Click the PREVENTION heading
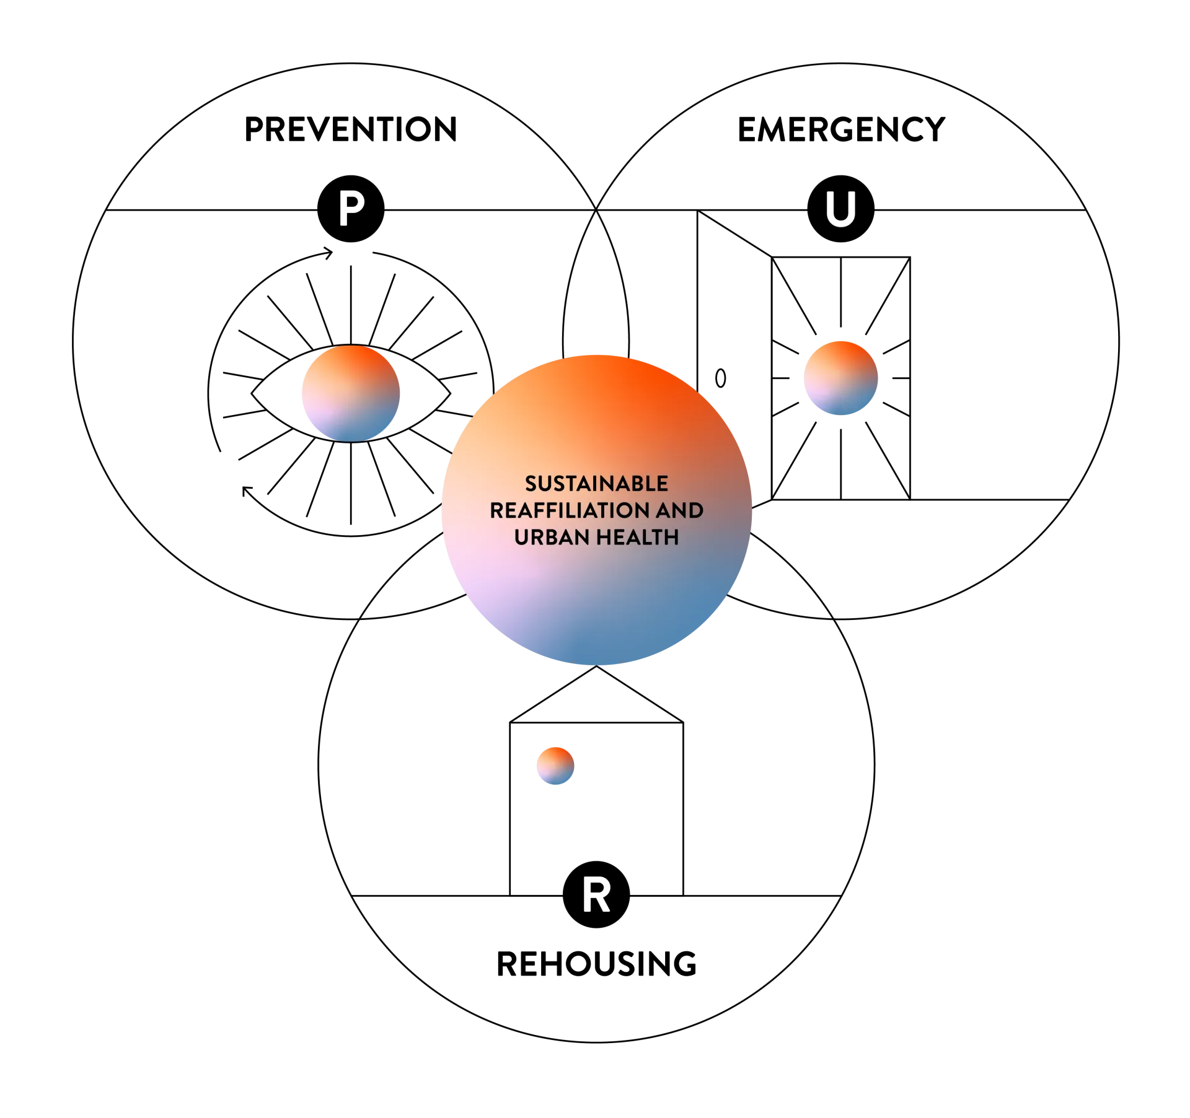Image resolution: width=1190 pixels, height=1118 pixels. [350, 129]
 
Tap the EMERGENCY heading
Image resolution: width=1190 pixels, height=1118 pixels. [841, 129]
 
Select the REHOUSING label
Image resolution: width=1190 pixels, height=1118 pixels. [596, 964]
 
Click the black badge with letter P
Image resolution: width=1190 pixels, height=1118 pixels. [351, 209]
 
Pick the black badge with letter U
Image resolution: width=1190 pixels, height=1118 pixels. [840, 209]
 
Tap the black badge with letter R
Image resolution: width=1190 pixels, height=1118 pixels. [596, 894]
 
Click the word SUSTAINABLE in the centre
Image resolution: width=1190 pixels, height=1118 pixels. [596, 483]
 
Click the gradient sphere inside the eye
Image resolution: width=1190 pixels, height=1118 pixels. [351, 393]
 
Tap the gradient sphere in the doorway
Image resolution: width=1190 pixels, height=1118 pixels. [840, 378]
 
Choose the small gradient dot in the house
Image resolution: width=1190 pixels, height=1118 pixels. [555, 766]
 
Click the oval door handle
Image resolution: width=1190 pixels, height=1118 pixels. [720, 378]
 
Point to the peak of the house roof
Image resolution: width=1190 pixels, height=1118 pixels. [596, 666]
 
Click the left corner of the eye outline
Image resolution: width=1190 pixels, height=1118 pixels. [251, 393]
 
